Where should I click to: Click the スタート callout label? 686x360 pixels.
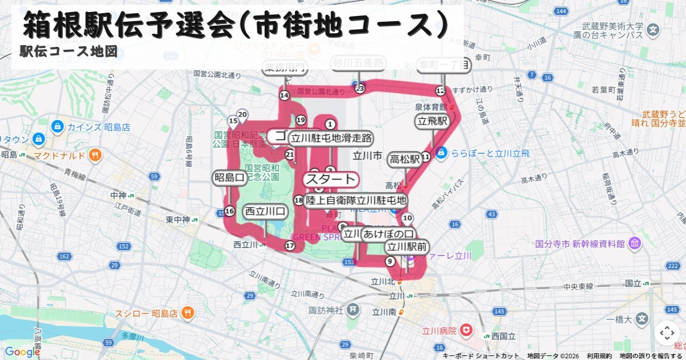[x=330, y=179]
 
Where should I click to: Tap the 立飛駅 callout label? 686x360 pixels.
[x=432, y=121]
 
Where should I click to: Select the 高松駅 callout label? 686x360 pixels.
[x=405, y=159]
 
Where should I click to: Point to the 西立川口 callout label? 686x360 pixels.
[x=265, y=211]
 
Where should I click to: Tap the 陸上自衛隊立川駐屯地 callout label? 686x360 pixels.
[x=356, y=201]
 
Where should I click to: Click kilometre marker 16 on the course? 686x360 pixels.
[x=229, y=211]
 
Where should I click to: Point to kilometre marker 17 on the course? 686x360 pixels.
[x=290, y=246]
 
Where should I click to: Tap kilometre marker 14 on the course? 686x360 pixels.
[x=284, y=95]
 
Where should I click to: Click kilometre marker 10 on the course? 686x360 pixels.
[x=407, y=218]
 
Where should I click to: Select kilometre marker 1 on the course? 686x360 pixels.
[x=329, y=123]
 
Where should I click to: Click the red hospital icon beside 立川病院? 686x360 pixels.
[x=467, y=330]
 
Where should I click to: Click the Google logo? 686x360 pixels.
[x=22, y=351]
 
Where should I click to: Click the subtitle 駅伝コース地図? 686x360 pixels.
[x=69, y=51]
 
